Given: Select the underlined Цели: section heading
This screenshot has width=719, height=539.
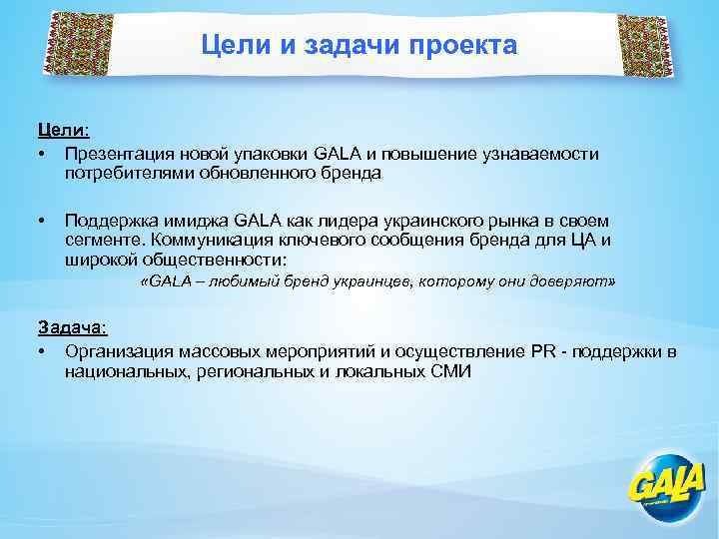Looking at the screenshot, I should tap(63, 131).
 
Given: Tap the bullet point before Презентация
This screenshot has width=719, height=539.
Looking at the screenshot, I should tap(42, 153).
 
